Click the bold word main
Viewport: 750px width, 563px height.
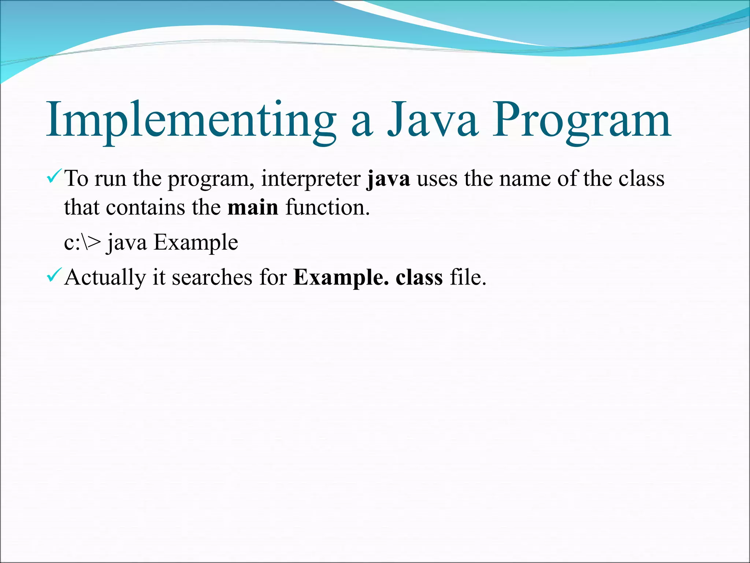[x=253, y=208]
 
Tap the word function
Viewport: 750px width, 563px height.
[x=327, y=208]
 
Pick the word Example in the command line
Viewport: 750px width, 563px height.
[x=196, y=243]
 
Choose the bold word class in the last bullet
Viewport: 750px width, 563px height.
[x=419, y=278]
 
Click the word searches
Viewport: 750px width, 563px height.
[x=212, y=278]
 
